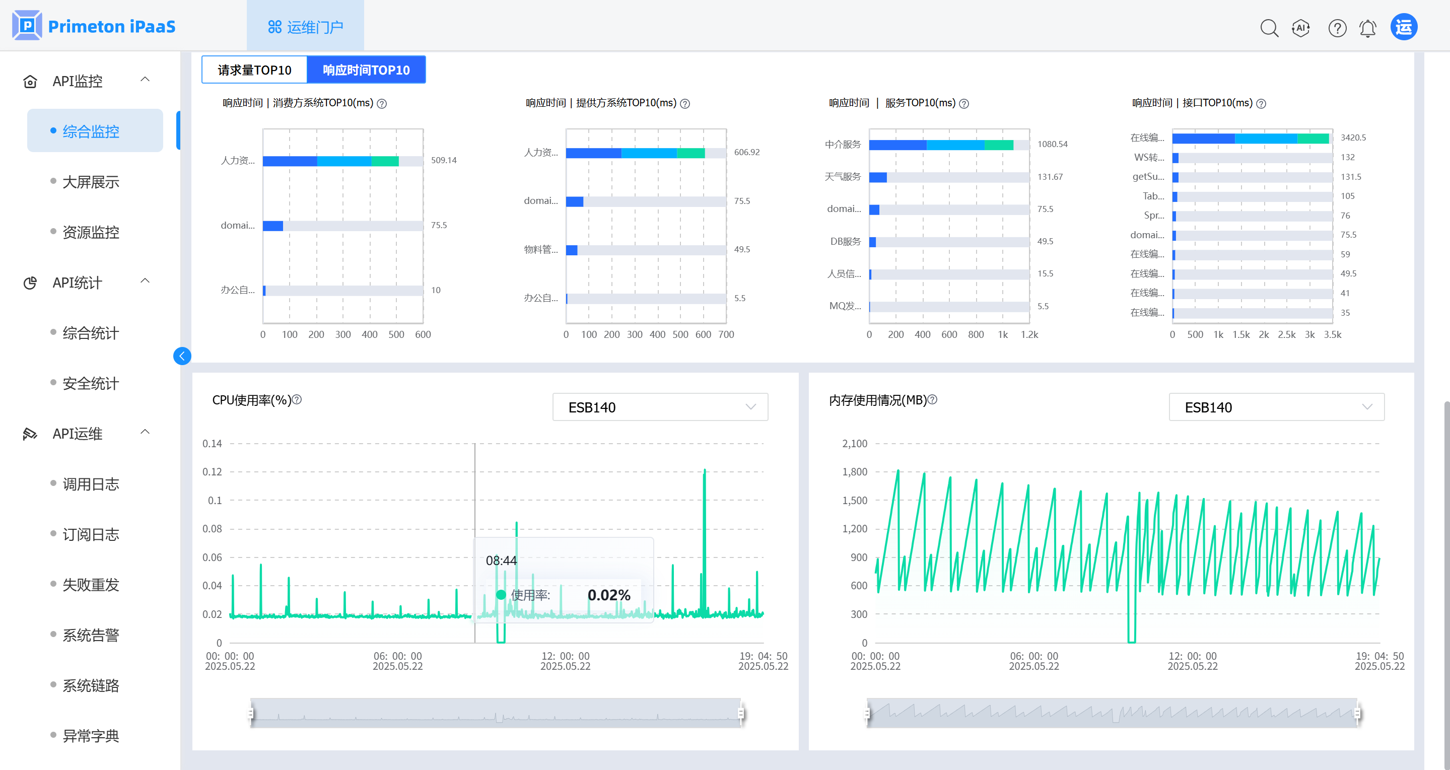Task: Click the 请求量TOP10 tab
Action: point(254,70)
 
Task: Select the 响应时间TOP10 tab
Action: point(366,70)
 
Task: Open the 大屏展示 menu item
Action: point(91,182)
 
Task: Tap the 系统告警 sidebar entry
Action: point(91,635)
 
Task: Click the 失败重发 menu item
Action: point(91,585)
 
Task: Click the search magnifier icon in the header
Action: point(1269,28)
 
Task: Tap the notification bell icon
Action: point(1367,28)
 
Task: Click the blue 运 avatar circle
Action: point(1403,27)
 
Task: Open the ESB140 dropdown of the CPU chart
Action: point(660,407)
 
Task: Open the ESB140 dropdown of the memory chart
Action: point(1276,407)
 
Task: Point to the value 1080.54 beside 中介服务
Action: point(1052,144)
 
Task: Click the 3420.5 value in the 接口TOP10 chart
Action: point(1353,137)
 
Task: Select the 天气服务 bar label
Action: point(842,177)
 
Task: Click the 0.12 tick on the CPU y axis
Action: point(212,472)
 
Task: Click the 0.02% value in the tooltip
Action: point(608,595)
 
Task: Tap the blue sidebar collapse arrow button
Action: point(182,356)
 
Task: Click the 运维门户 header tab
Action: point(306,27)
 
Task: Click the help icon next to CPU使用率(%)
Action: point(297,400)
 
